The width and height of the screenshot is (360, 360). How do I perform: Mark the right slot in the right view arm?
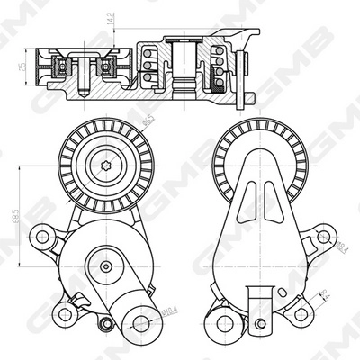[277, 200]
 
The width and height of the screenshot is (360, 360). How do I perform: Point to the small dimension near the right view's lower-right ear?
[326, 292]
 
